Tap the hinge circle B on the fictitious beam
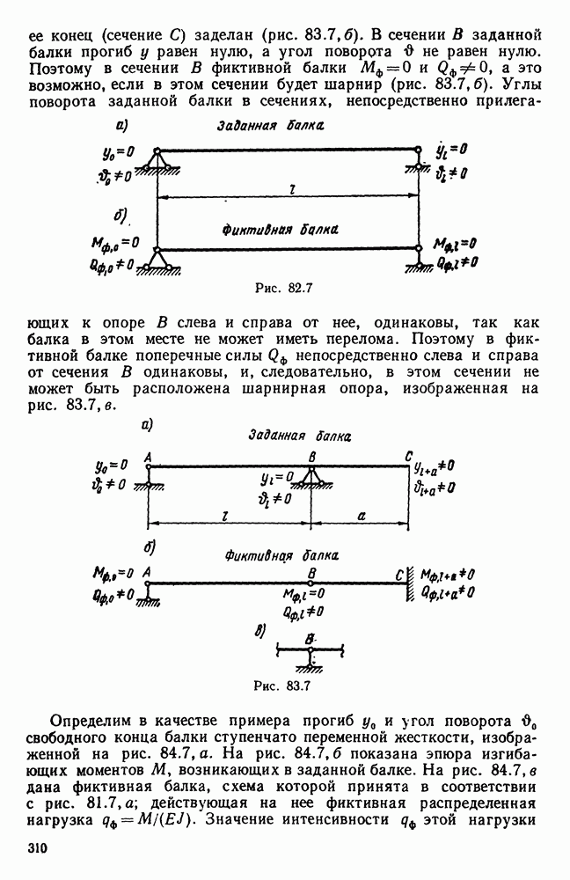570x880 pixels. (310, 581)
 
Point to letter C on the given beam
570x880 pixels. (407, 455)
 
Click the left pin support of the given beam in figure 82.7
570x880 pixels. (157, 159)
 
